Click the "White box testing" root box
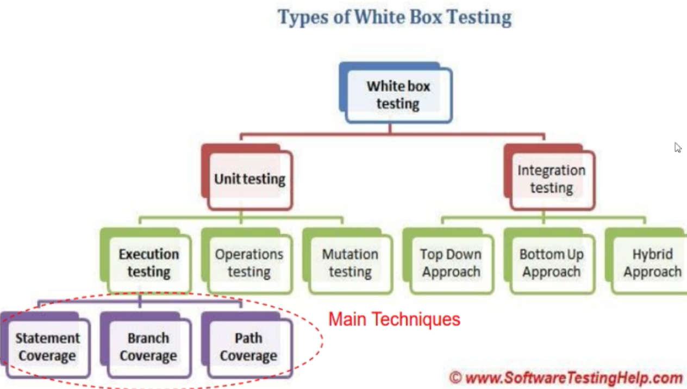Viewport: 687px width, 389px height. point(396,93)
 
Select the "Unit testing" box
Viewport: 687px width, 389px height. point(247,177)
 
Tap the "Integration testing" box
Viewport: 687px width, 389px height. point(549,177)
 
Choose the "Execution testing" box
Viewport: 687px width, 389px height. point(146,261)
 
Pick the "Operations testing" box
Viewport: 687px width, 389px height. point(247,261)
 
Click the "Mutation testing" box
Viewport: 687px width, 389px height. point(348,261)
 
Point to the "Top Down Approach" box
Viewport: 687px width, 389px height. point(448,261)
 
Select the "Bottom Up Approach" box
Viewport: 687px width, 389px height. point(549,261)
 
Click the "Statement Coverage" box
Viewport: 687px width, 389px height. point(46,345)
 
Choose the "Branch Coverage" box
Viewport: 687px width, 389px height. point(146,345)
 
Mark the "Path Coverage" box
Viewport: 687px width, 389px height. point(247,345)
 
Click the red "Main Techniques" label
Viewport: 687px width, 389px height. point(395,319)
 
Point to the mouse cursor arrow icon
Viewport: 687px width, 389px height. point(678,147)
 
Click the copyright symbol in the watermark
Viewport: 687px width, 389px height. point(456,378)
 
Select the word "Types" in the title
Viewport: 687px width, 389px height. point(303,18)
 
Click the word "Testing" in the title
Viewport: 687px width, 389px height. point(479,18)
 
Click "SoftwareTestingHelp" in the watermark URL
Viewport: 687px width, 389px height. point(573,378)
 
